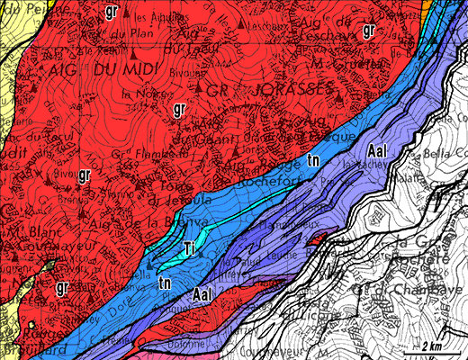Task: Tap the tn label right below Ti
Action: tap(165, 283)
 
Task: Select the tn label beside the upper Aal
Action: tap(312, 158)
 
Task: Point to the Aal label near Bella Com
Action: tap(377, 152)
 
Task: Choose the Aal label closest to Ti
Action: tap(204, 294)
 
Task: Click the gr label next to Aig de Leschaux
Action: tap(368, 31)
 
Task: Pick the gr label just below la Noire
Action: tap(179, 110)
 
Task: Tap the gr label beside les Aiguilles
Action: tap(111, 12)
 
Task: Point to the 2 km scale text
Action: tap(430, 346)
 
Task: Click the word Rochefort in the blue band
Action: tap(271, 179)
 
